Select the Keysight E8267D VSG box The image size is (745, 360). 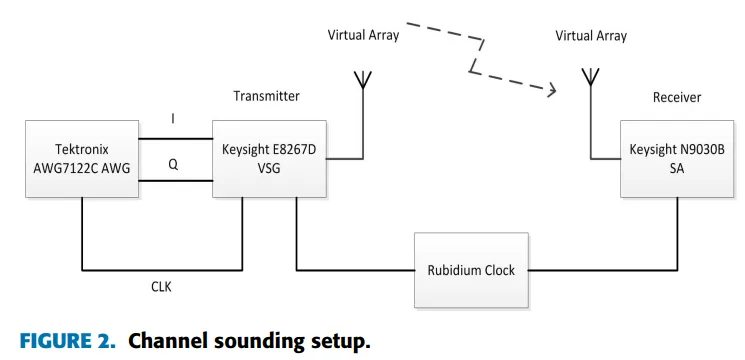tap(271, 159)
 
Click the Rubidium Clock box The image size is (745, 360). tap(472, 271)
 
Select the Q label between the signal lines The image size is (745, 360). tap(173, 166)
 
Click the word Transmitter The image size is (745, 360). tap(266, 96)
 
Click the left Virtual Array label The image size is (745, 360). tap(363, 35)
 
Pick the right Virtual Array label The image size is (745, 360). tap(591, 35)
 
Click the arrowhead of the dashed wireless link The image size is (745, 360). tap(550, 91)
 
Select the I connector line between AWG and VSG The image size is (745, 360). tap(173, 139)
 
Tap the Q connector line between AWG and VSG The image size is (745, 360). tap(173, 182)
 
